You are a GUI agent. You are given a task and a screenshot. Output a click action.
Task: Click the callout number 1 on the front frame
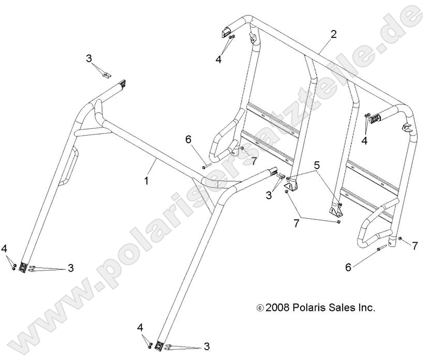147,181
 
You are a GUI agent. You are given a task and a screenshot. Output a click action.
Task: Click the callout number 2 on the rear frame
333,35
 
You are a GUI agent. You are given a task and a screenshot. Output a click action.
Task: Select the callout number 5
317,165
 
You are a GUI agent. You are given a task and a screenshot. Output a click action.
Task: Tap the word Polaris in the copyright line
306,308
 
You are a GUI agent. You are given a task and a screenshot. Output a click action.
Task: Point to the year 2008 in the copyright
275,308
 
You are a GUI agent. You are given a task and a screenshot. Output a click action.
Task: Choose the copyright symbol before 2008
260,308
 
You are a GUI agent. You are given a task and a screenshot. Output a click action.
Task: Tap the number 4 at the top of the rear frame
218,59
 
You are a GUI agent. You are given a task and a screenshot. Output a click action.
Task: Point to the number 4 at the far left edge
5,249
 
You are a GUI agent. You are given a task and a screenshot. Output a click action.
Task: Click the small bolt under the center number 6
205,167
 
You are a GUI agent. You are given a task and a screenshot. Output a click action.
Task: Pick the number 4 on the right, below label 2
364,141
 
